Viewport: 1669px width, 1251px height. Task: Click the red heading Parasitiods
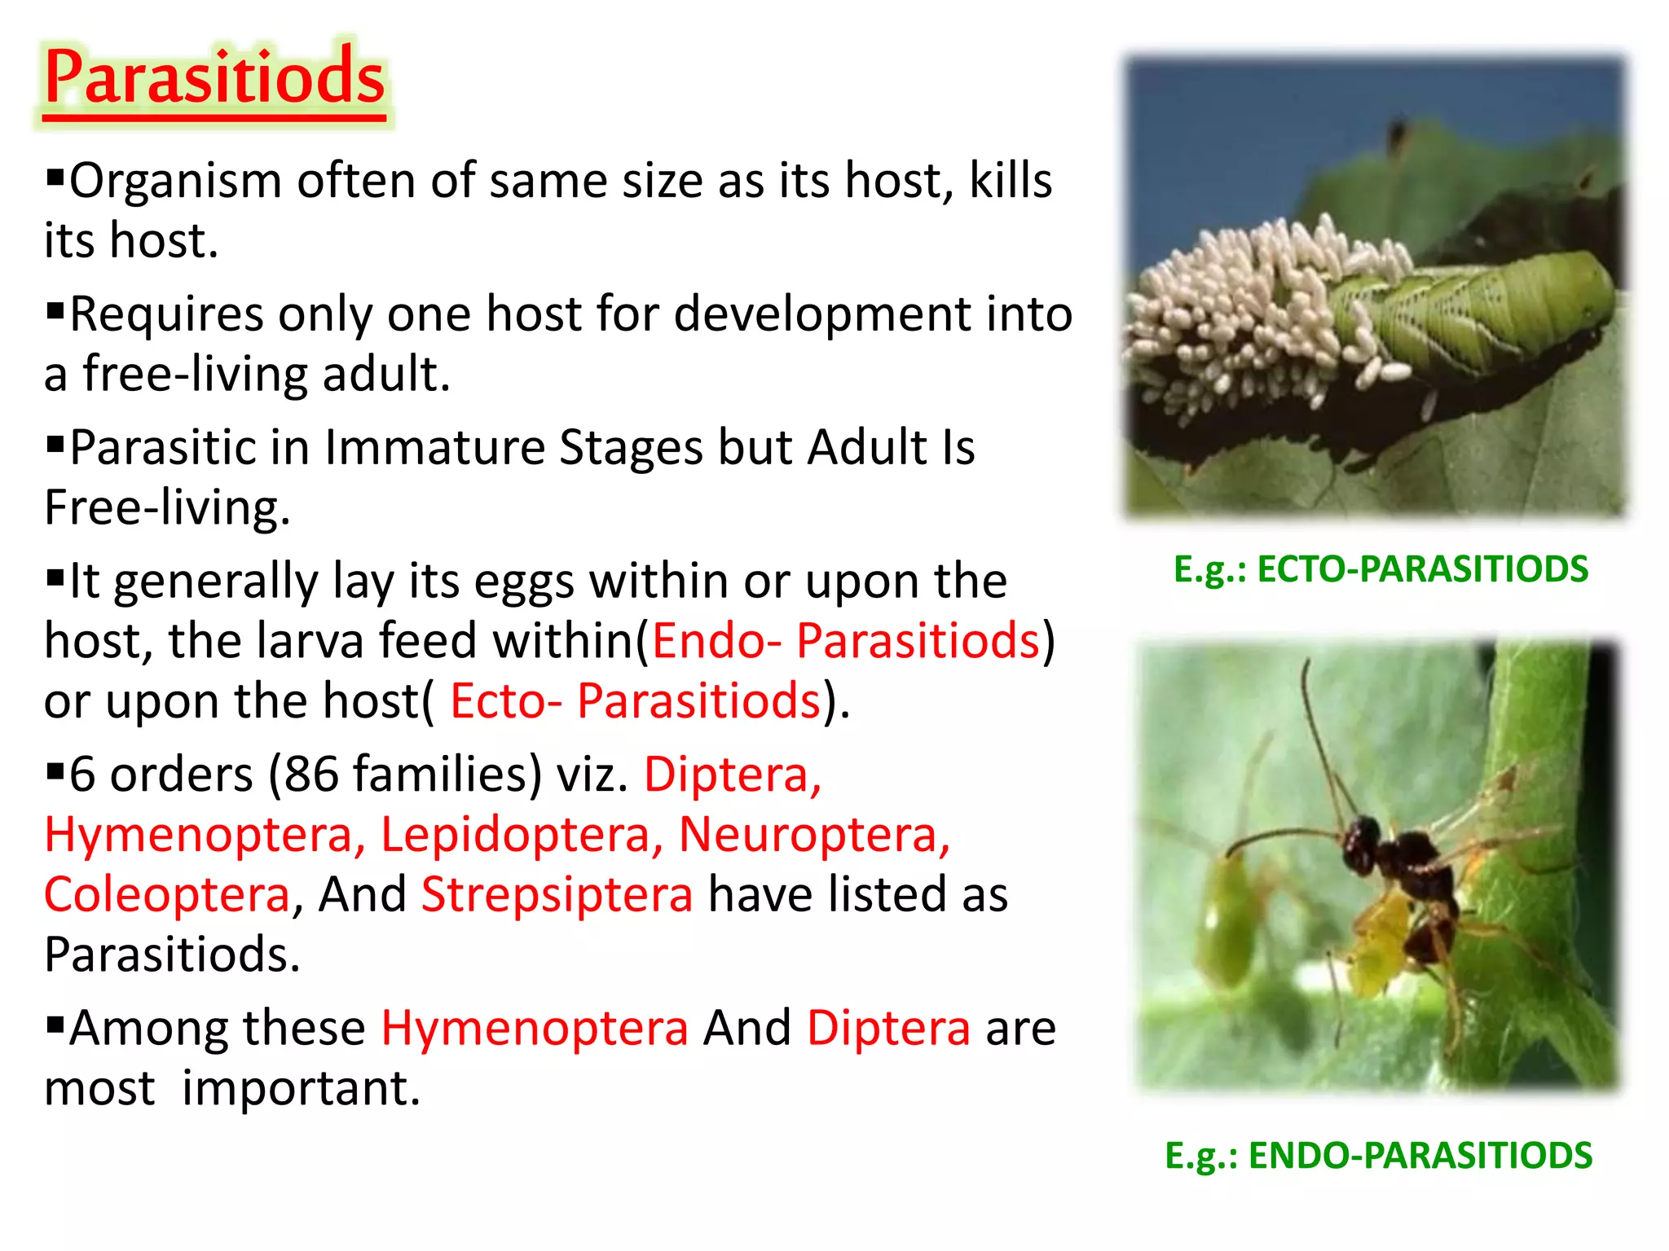pos(214,77)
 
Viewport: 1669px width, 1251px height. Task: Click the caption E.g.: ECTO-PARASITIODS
pos(1380,569)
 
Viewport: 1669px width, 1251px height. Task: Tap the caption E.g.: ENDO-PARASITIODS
pos(1378,1156)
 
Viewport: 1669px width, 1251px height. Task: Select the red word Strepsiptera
pos(557,894)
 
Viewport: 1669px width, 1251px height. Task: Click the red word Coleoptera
pos(167,894)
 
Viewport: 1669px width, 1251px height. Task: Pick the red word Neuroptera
pos(813,835)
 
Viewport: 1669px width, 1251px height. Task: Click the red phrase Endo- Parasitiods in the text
pos(845,641)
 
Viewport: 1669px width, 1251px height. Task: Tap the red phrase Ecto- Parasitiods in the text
pos(635,701)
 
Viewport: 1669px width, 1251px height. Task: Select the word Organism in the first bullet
pos(175,181)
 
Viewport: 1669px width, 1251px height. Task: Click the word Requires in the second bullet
pos(166,314)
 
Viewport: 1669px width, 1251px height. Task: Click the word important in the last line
pos(300,1088)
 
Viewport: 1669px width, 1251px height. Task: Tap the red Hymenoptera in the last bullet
pos(535,1028)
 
